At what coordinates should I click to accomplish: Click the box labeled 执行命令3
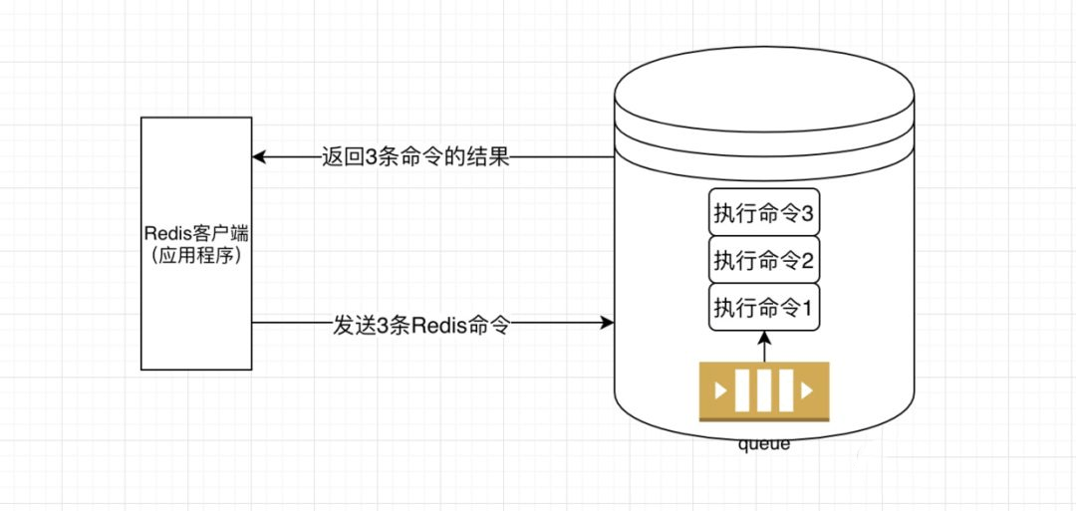(x=764, y=212)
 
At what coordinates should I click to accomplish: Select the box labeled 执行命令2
(x=764, y=260)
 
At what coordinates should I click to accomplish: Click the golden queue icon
(x=764, y=390)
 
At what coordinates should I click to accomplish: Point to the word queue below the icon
(x=764, y=444)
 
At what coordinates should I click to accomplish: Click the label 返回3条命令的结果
(x=415, y=157)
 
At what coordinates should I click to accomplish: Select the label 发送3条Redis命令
(x=421, y=324)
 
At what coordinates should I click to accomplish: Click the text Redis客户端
(x=196, y=233)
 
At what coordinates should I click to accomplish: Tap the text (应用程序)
(x=196, y=258)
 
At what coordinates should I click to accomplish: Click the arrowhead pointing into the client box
(x=259, y=157)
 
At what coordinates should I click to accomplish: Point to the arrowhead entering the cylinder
(x=607, y=323)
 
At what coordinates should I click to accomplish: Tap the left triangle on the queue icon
(x=719, y=390)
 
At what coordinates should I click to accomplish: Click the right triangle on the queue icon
(x=808, y=390)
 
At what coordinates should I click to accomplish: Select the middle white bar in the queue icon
(x=764, y=390)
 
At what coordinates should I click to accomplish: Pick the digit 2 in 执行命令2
(x=806, y=261)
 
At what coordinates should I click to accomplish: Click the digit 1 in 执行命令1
(x=806, y=307)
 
